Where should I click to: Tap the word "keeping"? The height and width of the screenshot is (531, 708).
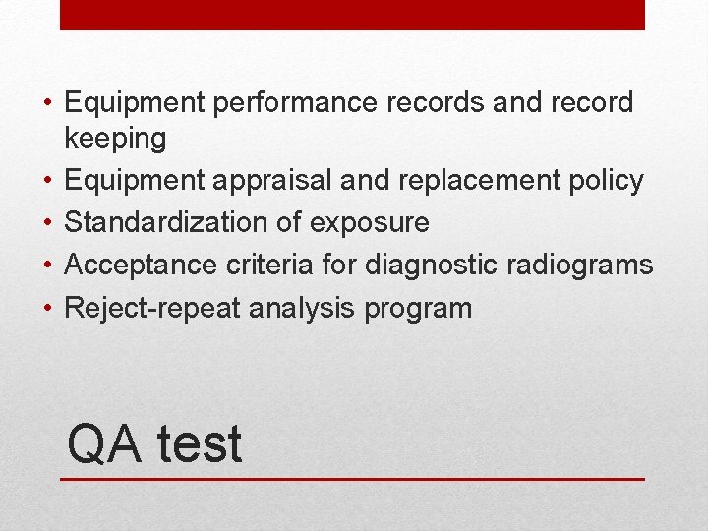coord(115,140)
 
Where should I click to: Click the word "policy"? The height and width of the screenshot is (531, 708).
coord(606,182)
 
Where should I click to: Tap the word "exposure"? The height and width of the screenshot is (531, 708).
coord(369,224)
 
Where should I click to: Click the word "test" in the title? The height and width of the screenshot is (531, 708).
coord(199,444)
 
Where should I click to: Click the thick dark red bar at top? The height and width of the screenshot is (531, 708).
coord(352,15)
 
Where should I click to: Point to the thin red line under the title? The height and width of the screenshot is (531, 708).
coord(352,479)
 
